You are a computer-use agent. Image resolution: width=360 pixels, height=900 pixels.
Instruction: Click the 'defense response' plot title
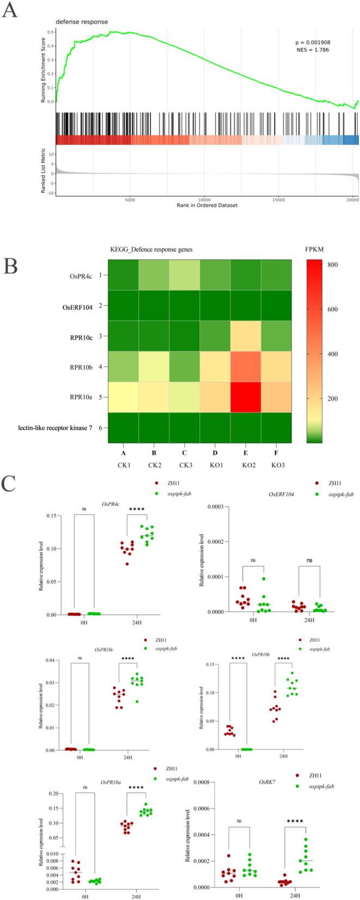click(x=82, y=22)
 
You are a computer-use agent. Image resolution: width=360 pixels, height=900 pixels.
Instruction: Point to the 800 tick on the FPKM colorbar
click(x=332, y=265)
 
